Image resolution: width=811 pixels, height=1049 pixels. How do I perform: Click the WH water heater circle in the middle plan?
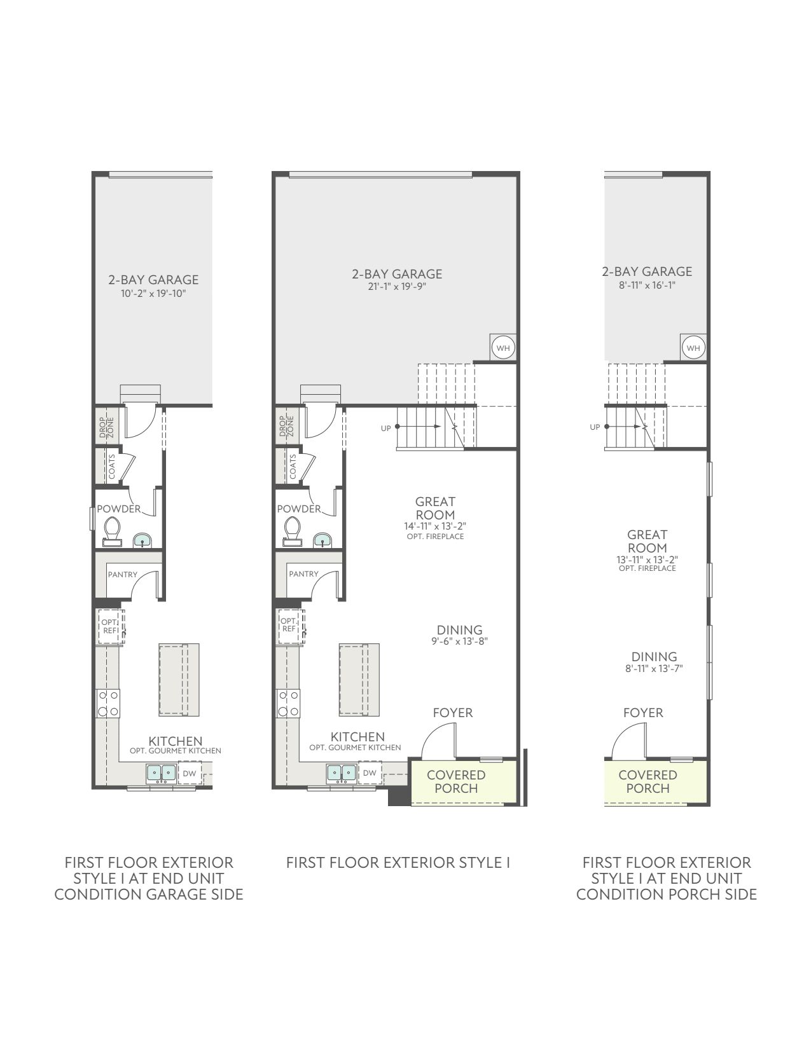(503, 348)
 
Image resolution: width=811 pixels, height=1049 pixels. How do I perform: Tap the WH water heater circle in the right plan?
(693, 348)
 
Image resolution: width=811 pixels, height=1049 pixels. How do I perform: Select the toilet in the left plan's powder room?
(112, 531)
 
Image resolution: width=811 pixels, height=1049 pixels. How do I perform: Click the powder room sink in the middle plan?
(322, 540)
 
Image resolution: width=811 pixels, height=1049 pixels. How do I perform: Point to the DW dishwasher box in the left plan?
(190, 773)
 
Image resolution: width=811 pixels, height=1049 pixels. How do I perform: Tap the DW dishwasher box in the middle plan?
(370, 773)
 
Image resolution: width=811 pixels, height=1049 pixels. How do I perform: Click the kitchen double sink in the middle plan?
(342, 773)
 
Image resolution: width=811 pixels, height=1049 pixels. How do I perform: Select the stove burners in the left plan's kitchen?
(108, 703)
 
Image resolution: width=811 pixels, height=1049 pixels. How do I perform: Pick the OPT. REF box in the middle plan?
(289, 626)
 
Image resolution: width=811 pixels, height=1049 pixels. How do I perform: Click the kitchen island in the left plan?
(179, 679)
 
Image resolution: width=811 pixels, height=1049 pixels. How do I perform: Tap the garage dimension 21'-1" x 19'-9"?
(397, 287)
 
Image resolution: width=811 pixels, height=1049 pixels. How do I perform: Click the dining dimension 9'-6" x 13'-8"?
(459, 641)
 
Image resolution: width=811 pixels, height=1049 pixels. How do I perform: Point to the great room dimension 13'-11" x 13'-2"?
(647, 560)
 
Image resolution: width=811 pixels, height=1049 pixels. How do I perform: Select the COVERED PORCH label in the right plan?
(648, 781)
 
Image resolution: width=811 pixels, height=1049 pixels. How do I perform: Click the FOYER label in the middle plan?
(453, 713)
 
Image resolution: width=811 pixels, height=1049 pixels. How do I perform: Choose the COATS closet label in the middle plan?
(293, 467)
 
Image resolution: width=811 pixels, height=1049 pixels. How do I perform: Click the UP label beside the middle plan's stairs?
(385, 429)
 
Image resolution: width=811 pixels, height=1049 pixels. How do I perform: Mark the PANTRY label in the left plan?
(123, 575)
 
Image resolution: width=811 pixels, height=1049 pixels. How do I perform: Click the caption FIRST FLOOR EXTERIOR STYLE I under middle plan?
(398, 863)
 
